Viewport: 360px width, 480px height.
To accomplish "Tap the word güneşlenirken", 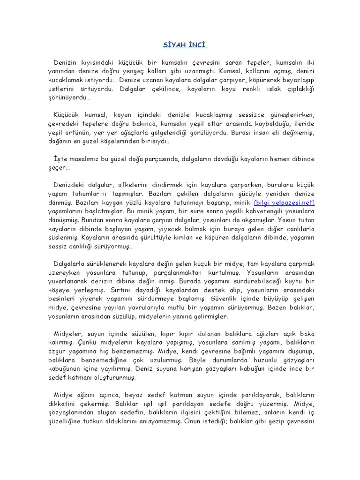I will (x=287, y=115).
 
